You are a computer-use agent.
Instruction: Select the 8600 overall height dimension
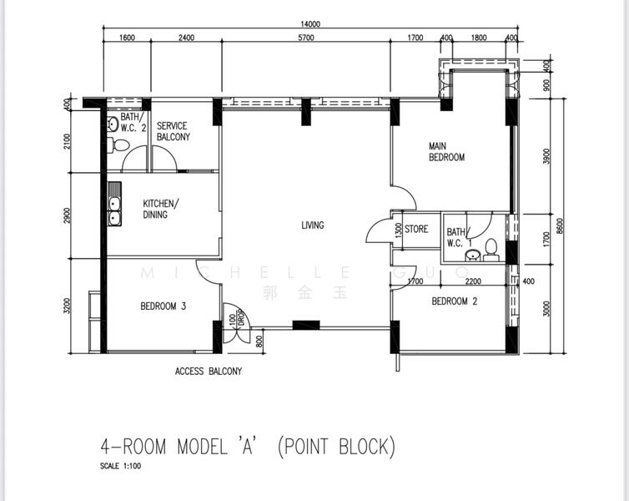(x=571, y=225)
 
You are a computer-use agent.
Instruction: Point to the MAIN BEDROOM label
(x=446, y=152)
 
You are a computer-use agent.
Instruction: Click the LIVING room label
(x=313, y=225)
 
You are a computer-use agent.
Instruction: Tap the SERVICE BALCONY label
(x=174, y=131)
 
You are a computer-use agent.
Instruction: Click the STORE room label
(x=416, y=229)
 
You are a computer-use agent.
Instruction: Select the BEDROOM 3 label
(x=163, y=306)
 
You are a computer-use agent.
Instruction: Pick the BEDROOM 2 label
(x=453, y=302)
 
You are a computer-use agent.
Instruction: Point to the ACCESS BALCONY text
(x=208, y=372)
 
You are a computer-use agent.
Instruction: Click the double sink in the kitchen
(x=113, y=209)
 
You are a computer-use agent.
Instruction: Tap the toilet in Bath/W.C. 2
(x=120, y=145)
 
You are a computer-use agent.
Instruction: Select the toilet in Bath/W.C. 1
(x=491, y=249)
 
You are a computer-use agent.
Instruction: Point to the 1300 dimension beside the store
(x=398, y=230)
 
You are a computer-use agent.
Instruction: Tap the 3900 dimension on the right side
(x=546, y=156)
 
